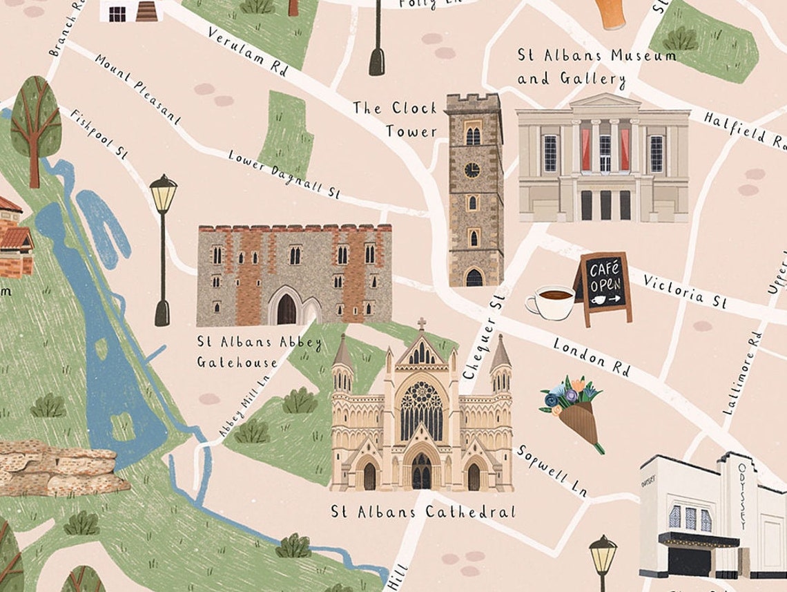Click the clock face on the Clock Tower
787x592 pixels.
click(472, 170)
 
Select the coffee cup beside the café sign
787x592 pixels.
click(552, 302)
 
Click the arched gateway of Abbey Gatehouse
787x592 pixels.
click(286, 308)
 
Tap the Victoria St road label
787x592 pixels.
click(685, 291)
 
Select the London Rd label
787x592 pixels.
click(592, 357)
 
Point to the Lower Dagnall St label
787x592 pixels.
click(285, 173)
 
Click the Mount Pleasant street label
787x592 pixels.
click(138, 89)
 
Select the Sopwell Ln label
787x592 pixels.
click(552, 470)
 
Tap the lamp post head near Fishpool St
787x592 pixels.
click(163, 193)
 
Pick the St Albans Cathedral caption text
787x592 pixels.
click(422, 512)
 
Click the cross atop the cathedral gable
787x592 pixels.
click(421, 324)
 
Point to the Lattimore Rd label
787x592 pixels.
click(743, 372)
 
